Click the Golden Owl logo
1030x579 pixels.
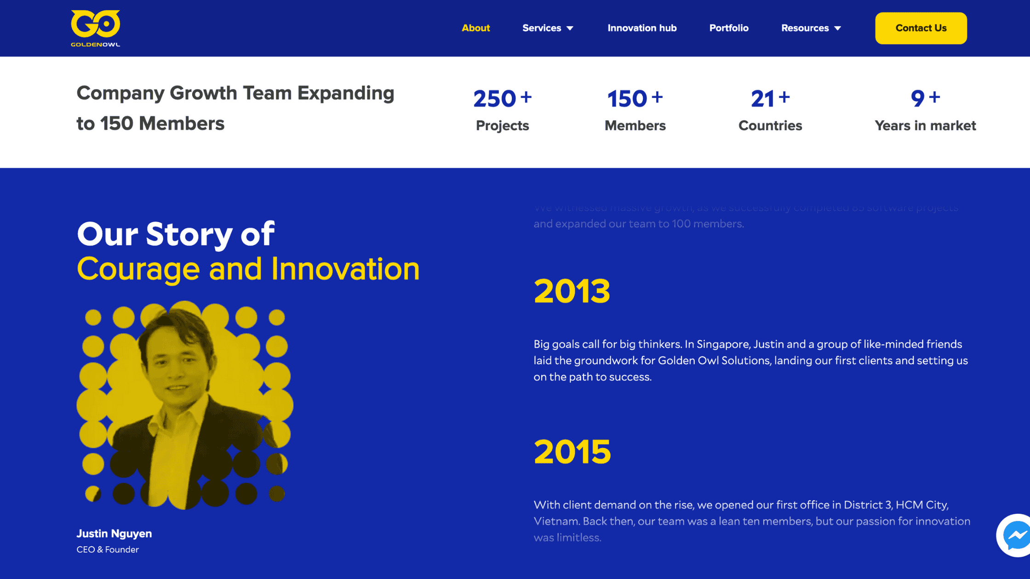tap(95, 28)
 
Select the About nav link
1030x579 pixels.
tap(475, 28)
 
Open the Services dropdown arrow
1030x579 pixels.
tap(570, 28)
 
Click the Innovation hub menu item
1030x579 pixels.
tap(642, 28)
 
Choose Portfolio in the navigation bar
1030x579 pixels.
tap(728, 28)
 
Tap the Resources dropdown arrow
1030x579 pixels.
tap(837, 28)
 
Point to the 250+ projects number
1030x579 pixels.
tap(502, 98)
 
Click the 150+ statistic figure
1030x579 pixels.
tap(635, 98)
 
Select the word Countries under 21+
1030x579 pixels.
tap(770, 125)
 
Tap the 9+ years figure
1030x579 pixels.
tap(925, 98)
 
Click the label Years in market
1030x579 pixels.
tap(925, 125)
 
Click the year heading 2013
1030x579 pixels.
tap(572, 291)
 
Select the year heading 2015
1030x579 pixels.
tap(572, 452)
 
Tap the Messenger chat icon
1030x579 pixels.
tap(1015, 535)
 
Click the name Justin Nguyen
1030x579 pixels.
tap(114, 534)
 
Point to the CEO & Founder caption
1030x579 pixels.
tap(108, 550)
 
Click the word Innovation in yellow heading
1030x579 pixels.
tap(345, 269)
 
